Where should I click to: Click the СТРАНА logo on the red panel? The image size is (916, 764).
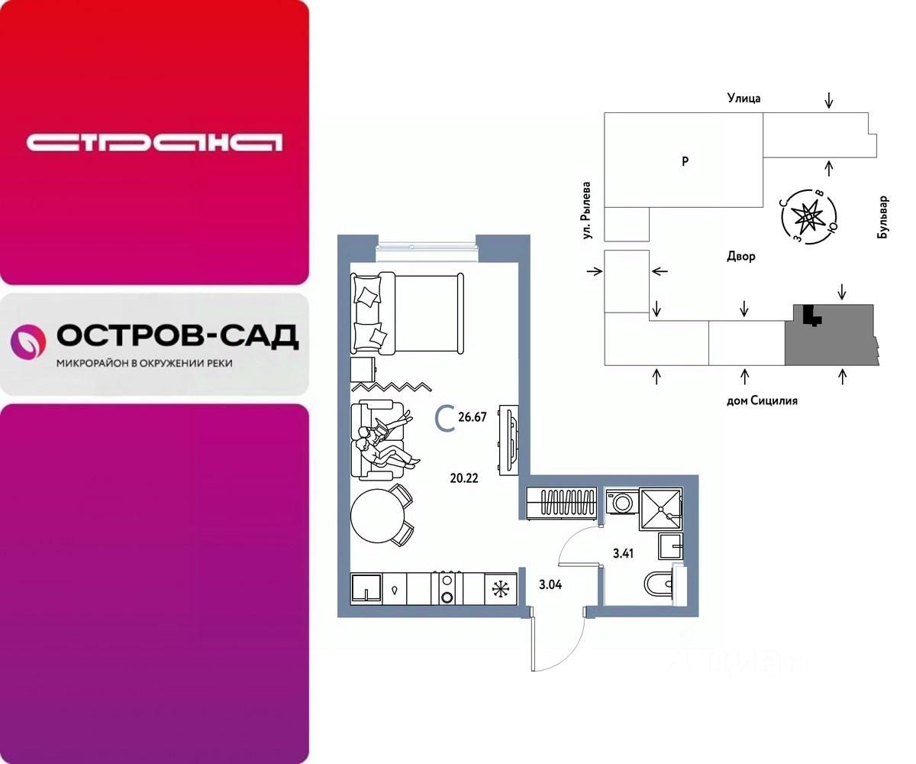tap(154, 142)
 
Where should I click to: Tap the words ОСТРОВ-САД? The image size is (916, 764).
tap(178, 336)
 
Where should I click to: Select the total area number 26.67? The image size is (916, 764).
tap(473, 417)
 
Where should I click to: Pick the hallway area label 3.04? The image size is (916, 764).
tap(552, 585)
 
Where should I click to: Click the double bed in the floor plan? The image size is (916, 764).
tap(408, 312)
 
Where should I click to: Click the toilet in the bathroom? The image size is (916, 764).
tap(658, 584)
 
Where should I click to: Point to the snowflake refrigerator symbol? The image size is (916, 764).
tap(501, 589)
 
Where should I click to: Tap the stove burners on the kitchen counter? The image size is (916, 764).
tap(447, 588)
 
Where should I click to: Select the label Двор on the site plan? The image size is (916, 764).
tap(741, 257)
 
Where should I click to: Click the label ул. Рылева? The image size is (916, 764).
tap(588, 212)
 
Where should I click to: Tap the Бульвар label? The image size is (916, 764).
tap(883, 218)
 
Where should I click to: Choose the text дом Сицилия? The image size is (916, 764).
tap(761, 400)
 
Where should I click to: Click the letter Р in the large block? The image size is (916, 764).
tap(685, 161)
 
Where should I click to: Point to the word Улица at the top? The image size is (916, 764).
tap(743, 98)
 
